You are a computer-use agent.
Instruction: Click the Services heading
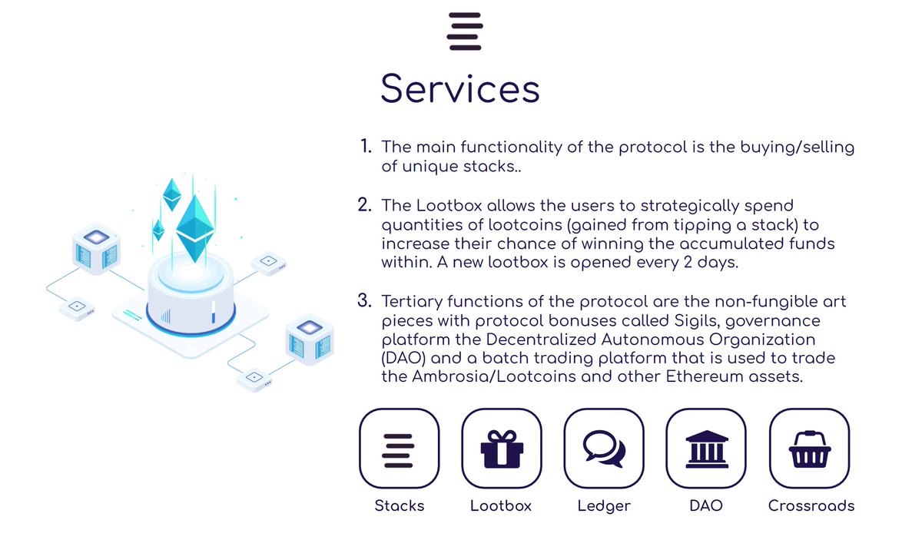(x=460, y=88)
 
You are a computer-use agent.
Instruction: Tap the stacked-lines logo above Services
(x=464, y=31)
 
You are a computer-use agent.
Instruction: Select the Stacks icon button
(x=399, y=449)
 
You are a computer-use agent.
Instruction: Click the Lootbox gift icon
(x=501, y=449)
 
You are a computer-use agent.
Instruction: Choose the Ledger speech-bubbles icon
(x=603, y=449)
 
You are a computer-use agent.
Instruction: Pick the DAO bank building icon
(x=705, y=449)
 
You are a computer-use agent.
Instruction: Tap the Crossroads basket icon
(x=810, y=449)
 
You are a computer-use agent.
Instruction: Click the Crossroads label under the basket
(x=811, y=505)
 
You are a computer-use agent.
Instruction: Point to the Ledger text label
(x=604, y=505)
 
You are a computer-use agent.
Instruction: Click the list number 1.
(x=365, y=146)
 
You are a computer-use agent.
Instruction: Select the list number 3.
(x=364, y=300)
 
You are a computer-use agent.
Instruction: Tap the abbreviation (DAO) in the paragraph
(x=403, y=358)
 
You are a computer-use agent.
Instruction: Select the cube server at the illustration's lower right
(x=309, y=340)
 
